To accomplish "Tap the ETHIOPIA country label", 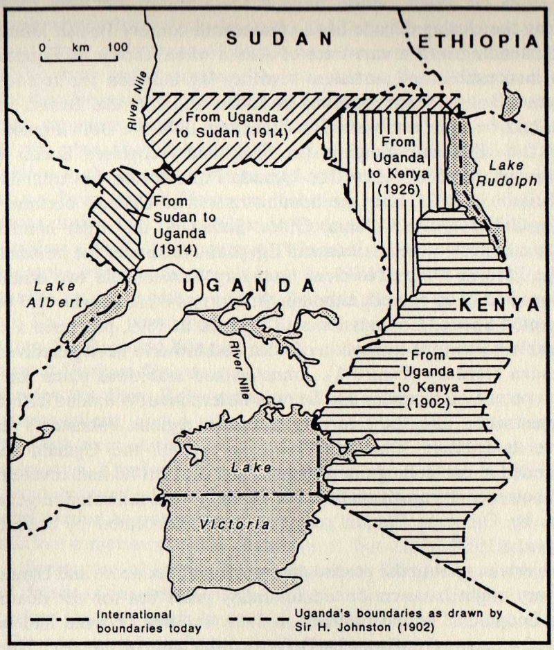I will [x=479, y=42].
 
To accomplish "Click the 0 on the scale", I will [x=42, y=47].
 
